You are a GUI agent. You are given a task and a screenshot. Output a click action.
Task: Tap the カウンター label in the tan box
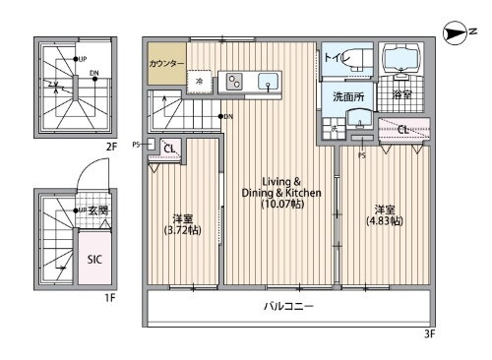166,63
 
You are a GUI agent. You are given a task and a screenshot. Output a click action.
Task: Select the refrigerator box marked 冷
200,82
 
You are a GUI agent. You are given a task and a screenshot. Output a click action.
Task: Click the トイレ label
335,58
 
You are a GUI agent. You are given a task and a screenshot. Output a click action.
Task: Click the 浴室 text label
401,96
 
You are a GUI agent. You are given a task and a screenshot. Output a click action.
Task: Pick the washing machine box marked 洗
335,128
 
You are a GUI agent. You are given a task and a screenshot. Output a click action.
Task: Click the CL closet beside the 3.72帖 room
169,150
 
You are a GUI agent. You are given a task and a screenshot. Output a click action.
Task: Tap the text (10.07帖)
281,205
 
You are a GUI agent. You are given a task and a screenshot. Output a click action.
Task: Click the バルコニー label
288,307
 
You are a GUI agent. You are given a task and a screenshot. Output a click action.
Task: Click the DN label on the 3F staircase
227,118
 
